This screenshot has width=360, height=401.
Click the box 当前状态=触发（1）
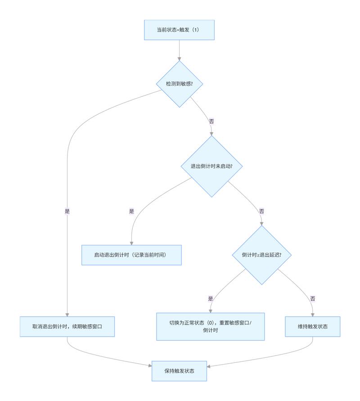(179, 30)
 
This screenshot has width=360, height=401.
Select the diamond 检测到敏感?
(180, 84)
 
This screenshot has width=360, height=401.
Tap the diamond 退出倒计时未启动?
(211, 166)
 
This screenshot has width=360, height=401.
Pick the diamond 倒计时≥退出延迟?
(261, 255)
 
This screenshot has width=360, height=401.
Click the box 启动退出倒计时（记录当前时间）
(131, 255)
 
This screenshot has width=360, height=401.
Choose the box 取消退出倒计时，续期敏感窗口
(67, 327)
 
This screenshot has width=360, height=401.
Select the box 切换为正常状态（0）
(211, 327)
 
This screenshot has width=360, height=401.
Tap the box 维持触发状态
(312, 327)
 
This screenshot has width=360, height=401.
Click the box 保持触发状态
(179, 371)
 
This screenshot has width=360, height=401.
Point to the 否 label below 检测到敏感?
(211, 121)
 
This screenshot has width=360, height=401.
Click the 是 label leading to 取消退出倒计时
(67, 211)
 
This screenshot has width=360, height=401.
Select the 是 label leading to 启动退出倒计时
(131, 211)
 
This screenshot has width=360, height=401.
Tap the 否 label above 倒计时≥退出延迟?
(261, 211)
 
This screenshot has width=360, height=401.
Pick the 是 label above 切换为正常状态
(211, 298)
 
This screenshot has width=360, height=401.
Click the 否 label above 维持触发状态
(312, 298)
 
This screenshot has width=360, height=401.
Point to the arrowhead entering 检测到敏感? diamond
(179, 59)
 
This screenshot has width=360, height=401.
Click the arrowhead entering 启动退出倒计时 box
(131, 243)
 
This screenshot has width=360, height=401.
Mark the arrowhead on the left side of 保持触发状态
(150, 366)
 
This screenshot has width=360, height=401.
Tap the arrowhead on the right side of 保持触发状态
(208, 366)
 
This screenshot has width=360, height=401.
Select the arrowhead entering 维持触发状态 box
(312, 315)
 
